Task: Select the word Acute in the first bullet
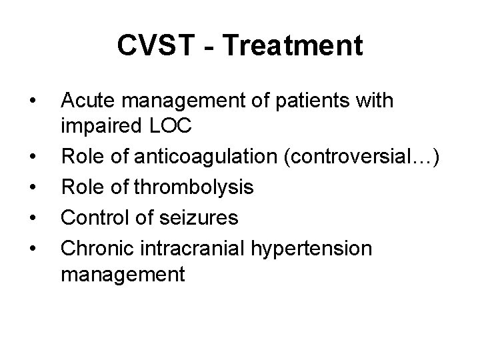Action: [83, 101]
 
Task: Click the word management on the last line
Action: [123, 273]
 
